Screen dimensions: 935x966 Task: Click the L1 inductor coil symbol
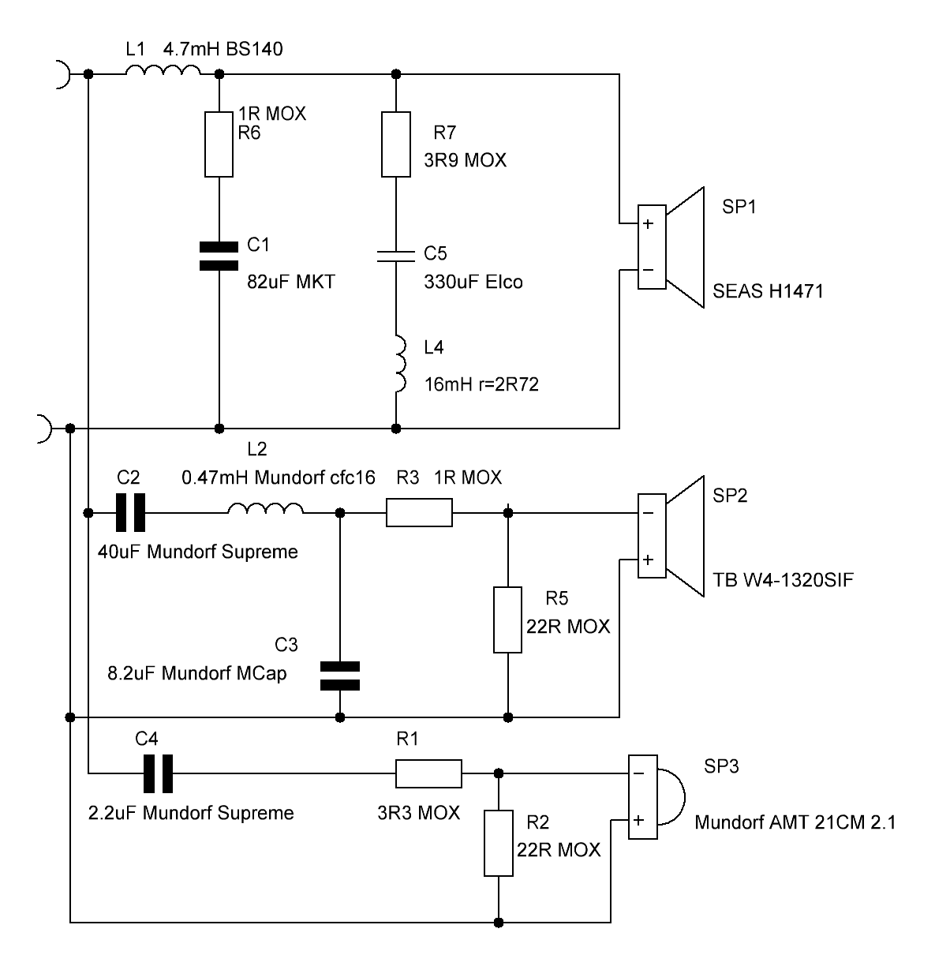coord(163,70)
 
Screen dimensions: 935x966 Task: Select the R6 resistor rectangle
coord(219,144)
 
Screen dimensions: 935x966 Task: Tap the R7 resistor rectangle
coord(395,144)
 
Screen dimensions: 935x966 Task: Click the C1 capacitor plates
coord(219,256)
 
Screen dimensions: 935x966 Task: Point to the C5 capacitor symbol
coord(395,256)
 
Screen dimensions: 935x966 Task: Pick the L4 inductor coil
coord(400,364)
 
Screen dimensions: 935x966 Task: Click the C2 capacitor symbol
coord(130,512)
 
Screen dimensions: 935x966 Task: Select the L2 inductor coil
coord(266,507)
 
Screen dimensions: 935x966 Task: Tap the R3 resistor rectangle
coord(419,512)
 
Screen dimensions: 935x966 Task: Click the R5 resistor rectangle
coord(507,620)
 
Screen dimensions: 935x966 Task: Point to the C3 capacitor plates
coord(340,676)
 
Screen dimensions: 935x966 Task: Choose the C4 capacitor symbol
coord(159,773)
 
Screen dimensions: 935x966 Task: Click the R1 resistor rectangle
coord(428,773)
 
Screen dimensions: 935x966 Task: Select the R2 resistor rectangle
coord(499,843)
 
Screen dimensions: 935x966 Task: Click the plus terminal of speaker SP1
coord(648,223)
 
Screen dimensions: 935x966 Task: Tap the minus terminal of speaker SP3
coord(638,773)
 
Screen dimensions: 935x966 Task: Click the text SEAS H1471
coord(769,291)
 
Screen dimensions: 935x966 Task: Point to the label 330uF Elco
coord(473,282)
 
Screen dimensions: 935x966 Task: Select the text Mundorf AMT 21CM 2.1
coord(795,822)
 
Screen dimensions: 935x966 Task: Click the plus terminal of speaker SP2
coord(648,560)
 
